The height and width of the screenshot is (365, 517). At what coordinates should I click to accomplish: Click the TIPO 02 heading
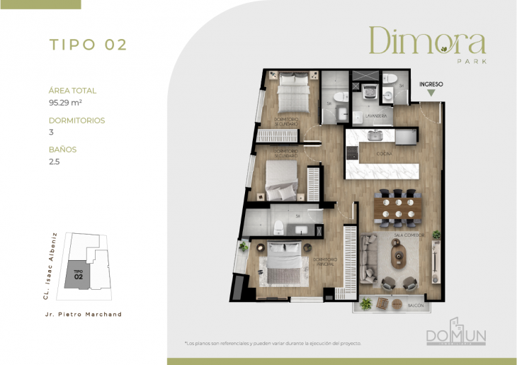(88, 44)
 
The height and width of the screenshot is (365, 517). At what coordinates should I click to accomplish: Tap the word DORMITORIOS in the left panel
(76, 120)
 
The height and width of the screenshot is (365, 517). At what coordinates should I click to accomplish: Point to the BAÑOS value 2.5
(53, 162)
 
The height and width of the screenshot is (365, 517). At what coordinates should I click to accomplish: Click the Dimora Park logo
(426, 44)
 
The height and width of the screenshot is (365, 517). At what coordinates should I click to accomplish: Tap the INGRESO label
(431, 84)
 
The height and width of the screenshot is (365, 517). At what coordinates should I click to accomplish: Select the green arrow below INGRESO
(431, 94)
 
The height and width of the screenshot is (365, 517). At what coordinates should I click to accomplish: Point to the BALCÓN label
(417, 305)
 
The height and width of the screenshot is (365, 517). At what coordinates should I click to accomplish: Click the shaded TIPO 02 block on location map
(79, 274)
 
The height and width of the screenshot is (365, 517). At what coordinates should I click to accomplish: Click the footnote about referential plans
(273, 343)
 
